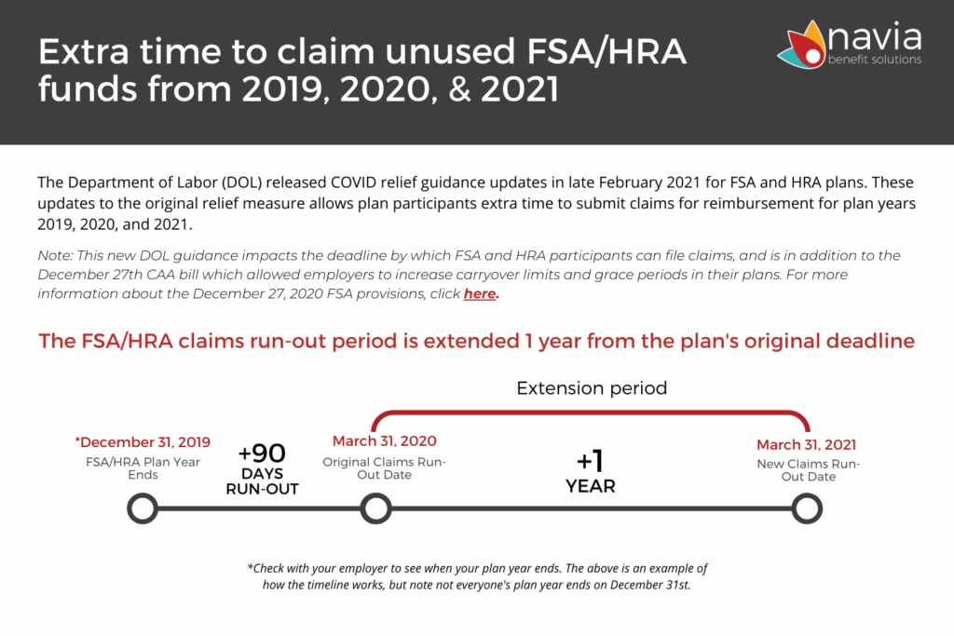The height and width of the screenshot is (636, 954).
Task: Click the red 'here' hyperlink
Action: (x=480, y=293)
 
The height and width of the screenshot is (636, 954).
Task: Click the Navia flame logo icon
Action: (x=801, y=45)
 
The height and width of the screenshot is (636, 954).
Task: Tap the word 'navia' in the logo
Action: (x=875, y=36)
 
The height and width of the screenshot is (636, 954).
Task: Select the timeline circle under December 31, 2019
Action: (x=143, y=509)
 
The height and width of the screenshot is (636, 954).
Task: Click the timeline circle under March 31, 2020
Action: (x=375, y=509)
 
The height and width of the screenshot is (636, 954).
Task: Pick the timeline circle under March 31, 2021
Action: (x=807, y=509)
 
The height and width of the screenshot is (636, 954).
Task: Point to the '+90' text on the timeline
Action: (x=262, y=453)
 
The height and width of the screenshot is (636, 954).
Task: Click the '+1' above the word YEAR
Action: (x=590, y=460)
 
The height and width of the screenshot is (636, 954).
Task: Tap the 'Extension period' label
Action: (x=592, y=388)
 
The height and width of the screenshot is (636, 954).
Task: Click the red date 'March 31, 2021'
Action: (x=806, y=444)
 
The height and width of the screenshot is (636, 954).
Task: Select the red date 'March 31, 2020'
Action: (x=385, y=440)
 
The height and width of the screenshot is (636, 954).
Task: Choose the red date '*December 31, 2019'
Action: (x=143, y=442)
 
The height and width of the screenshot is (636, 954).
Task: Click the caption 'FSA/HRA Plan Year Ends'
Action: (x=143, y=468)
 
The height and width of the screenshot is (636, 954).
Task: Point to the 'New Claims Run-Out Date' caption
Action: (x=808, y=470)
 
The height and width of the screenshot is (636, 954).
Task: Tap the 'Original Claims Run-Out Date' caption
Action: (x=384, y=468)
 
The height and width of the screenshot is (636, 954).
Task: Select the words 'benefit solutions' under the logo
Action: (x=874, y=60)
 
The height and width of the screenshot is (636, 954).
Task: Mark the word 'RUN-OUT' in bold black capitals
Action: (x=262, y=489)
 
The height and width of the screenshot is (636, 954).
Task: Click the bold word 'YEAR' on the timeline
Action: (x=590, y=486)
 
